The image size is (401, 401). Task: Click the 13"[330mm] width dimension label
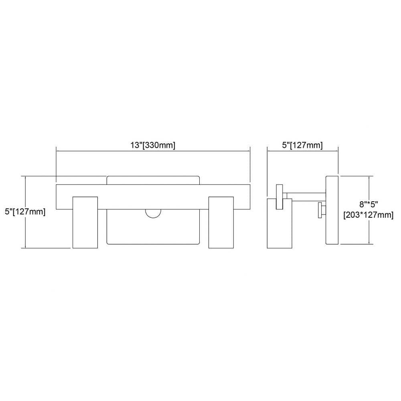coord(153,145)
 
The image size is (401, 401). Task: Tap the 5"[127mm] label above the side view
coord(302,145)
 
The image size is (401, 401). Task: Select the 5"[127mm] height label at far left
coord(25,212)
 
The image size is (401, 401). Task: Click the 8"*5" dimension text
coord(369,205)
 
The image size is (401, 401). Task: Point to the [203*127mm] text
coord(368,215)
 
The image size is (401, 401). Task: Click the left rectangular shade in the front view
coord(85,222)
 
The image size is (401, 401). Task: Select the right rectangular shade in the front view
coord(221,222)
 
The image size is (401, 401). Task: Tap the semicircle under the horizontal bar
coord(153,214)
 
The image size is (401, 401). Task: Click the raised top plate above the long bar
coord(153,180)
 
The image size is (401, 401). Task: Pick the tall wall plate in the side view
coord(332,210)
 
